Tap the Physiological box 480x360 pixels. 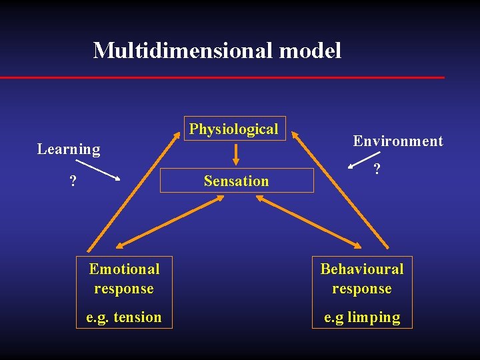coord(234,129)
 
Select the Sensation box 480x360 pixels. coord(237,181)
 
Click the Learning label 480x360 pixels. coord(69,149)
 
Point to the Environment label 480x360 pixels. coord(398,141)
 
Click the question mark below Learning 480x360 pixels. coord(73,181)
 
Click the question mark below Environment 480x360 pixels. coord(377,170)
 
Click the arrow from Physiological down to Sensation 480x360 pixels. coord(235,153)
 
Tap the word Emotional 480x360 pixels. coord(125,269)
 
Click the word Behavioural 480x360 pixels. coord(362,269)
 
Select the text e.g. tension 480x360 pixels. coord(124,317)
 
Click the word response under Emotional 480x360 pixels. coord(124,289)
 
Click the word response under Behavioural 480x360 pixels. coord(362,289)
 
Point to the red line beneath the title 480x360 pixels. coord(222,77)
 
